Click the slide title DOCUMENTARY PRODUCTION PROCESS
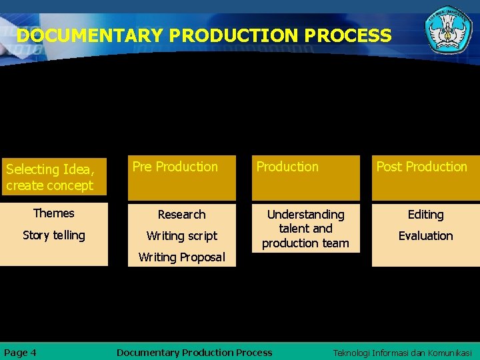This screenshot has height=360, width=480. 204,35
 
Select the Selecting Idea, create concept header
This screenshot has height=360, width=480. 50,177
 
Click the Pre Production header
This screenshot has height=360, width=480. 175,167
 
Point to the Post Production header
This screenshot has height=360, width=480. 421,167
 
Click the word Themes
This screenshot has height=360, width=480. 54,213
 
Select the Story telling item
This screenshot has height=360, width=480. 54,235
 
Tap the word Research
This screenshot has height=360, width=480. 181,215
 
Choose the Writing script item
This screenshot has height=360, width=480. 181,236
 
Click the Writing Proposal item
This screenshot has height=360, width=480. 181,257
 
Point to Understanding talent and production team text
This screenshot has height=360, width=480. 305,229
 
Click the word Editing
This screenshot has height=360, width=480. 425,215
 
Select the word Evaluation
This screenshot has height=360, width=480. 425,236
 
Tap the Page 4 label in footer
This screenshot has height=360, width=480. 21,353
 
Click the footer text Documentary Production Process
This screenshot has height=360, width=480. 194,353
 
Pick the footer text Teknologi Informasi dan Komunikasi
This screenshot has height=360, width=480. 402,353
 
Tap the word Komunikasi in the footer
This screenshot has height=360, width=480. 448,353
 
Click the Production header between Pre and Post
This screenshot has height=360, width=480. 287,167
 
